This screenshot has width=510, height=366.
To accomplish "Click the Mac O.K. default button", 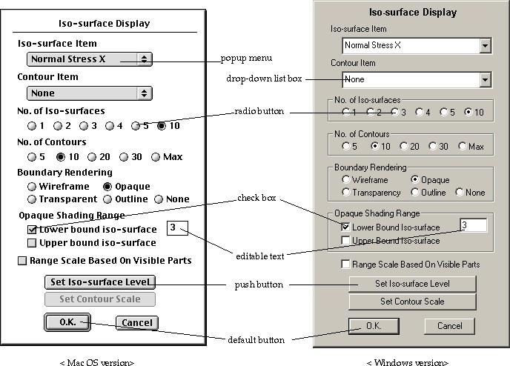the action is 67,322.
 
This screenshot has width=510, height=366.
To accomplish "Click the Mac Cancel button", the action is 137,323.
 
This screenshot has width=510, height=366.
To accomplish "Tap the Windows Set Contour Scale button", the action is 412,302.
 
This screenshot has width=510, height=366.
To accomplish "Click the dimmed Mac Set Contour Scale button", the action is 100,299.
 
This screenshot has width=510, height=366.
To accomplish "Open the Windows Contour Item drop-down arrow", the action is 485,79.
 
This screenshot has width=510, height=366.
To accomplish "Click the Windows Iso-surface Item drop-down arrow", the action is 485,45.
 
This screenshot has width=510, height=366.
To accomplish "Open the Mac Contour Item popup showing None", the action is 90,93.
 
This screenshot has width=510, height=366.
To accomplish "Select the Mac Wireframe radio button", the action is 32,187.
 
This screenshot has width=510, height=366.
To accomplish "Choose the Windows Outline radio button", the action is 414,193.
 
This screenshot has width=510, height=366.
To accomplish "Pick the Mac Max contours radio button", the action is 156,157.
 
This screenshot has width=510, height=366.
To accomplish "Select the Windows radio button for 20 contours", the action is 404,146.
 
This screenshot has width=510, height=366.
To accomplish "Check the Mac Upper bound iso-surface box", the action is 32,243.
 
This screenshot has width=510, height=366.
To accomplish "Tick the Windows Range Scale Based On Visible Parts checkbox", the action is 345,264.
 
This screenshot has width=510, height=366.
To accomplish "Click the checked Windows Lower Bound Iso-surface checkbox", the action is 345,227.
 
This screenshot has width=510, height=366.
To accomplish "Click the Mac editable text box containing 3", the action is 177,228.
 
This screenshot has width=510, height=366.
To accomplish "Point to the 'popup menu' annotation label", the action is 246,59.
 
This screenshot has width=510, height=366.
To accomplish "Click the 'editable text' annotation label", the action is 260,256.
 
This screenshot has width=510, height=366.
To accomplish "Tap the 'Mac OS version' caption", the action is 97,362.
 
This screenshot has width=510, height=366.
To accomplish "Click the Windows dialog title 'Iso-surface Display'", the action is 413,13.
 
